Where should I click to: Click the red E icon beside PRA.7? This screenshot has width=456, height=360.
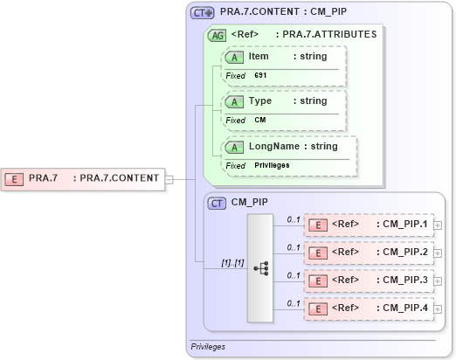click(x=15, y=178)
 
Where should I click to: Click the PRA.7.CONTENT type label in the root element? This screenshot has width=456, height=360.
click(x=120, y=178)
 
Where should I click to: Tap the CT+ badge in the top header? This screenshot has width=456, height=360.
click(x=203, y=14)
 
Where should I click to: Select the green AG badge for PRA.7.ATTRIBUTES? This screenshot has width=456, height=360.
click(x=216, y=35)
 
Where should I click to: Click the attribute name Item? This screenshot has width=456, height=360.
click(x=259, y=56)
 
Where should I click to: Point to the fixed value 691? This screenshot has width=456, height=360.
click(x=260, y=76)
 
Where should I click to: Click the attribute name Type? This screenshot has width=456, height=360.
click(x=260, y=100)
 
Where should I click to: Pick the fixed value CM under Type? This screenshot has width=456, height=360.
click(x=260, y=120)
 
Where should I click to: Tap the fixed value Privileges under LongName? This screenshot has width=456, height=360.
click(x=272, y=165)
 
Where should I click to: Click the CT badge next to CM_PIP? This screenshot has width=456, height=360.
click(x=218, y=203)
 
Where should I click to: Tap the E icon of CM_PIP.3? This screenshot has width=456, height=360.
click(x=321, y=280)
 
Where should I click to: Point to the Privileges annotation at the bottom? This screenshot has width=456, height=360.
click(x=208, y=347)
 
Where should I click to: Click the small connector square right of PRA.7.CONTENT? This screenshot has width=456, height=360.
click(x=169, y=178)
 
